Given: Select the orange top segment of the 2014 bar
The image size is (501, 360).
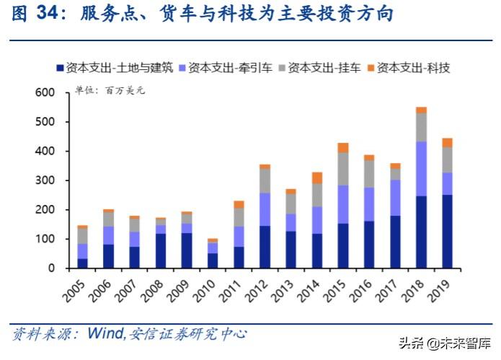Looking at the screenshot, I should [x=317, y=177].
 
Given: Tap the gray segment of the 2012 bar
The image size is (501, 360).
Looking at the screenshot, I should [x=265, y=180].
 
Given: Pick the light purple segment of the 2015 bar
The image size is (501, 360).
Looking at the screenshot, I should [x=343, y=204].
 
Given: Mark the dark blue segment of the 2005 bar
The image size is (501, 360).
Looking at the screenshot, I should [x=81, y=263].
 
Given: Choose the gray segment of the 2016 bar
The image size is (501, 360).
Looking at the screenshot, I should [x=369, y=173].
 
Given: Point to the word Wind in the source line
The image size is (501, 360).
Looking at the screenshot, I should [x=105, y=333].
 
